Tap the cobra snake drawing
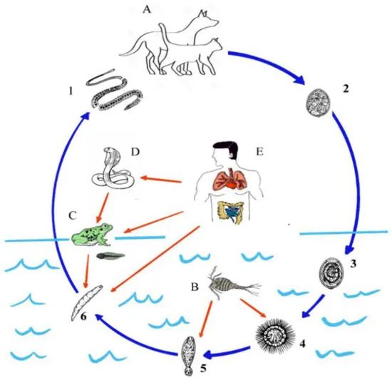[x=112, y=173]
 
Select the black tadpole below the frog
[x=110, y=255]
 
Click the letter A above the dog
[x=147, y=10]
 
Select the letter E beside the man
[x=259, y=152]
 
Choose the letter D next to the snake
[x=135, y=152]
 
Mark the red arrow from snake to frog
[x=103, y=207]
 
